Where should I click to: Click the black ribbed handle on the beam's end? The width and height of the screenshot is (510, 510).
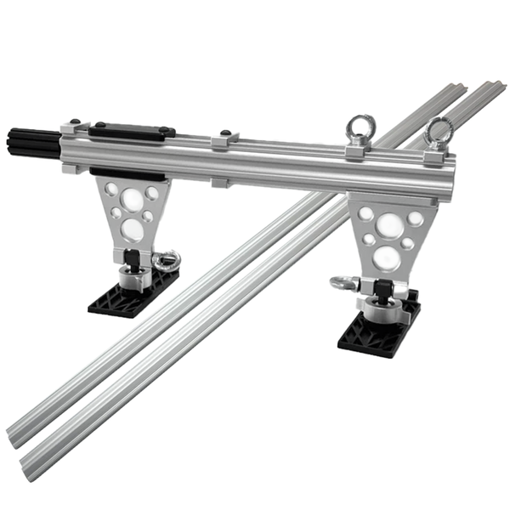click(33, 139)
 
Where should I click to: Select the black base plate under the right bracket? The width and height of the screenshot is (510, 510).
click(379, 331)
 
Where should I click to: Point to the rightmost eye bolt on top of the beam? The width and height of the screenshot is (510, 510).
click(439, 129)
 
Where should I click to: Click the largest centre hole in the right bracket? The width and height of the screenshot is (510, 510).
click(389, 225)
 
